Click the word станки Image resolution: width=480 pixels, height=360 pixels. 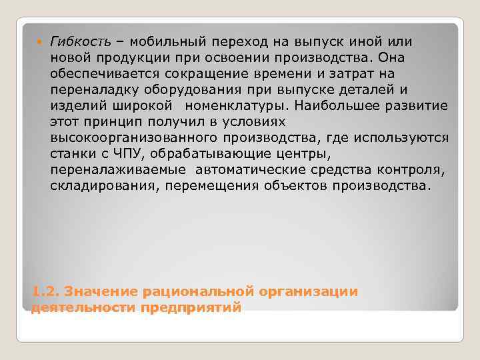click(x=71, y=154)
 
